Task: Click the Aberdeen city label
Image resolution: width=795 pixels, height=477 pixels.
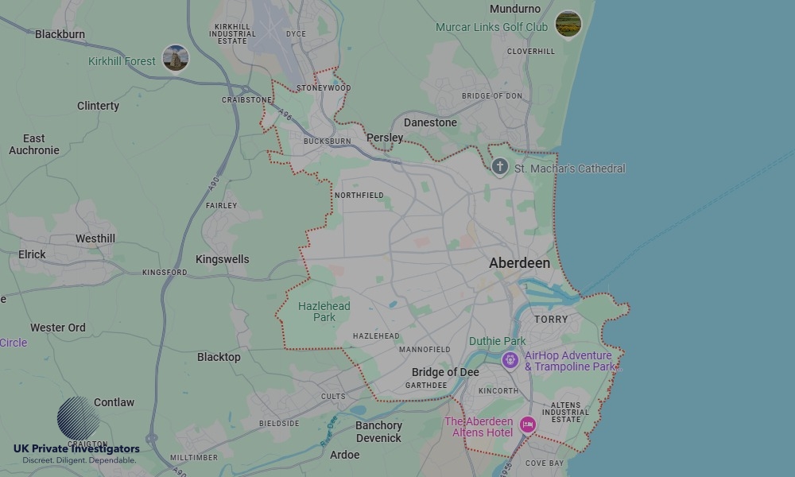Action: (519, 263)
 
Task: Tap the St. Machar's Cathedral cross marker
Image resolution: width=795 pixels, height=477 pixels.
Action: (499, 166)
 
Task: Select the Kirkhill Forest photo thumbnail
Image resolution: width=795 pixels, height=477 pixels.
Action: (175, 58)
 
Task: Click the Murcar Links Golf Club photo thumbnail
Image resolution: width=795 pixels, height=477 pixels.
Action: (568, 24)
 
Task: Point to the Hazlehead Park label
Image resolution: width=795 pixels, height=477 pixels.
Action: (324, 312)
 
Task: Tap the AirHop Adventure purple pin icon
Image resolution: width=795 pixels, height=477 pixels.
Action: (510, 360)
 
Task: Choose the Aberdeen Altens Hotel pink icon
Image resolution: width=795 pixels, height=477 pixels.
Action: (527, 425)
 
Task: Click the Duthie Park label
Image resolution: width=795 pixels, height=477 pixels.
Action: (497, 341)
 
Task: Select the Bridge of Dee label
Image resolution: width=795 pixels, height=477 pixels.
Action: (445, 372)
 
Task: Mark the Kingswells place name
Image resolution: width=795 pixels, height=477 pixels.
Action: (222, 259)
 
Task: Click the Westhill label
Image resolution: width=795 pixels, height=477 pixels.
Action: (95, 238)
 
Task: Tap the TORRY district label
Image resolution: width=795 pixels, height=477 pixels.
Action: (551, 320)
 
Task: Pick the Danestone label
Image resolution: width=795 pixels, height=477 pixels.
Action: (430, 122)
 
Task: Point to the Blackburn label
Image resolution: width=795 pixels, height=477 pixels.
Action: (60, 34)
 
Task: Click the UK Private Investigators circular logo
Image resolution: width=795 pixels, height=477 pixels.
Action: (78, 417)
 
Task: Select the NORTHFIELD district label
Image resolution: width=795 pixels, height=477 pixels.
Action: (359, 195)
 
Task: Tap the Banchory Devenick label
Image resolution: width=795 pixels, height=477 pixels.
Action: (378, 432)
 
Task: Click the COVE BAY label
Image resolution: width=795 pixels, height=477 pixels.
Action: (545, 463)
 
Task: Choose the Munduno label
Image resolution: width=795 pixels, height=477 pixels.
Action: (515, 9)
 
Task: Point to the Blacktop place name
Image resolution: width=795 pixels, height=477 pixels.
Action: (219, 357)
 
